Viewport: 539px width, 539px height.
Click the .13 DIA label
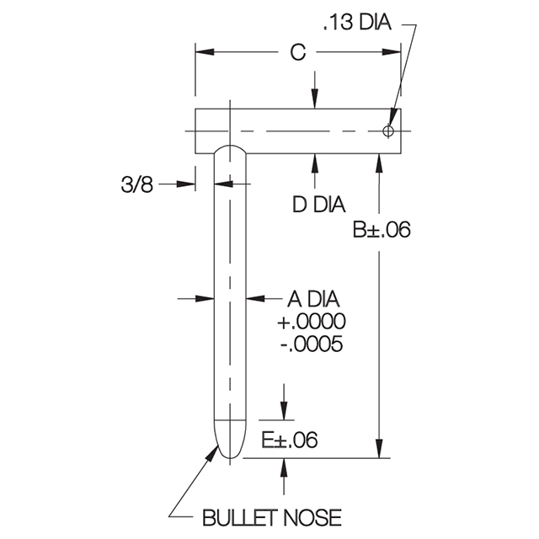point(357,23)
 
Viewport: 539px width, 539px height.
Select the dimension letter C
point(297,52)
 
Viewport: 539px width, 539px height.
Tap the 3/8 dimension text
point(136,184)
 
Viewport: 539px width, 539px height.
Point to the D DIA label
point(318,204)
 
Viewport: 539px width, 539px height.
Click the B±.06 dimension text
point(382,230)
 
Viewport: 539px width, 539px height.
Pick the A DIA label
point(313,299)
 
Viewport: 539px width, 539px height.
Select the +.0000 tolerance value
point(312,322)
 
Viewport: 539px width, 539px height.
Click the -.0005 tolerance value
point(312,344)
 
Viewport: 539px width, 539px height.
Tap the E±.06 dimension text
point(290,440)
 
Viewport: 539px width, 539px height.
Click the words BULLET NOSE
point(272,518)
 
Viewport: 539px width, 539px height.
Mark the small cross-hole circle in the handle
point(388,131)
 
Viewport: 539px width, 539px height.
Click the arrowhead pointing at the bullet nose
point(213,451)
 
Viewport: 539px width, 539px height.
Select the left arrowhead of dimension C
point(205,52)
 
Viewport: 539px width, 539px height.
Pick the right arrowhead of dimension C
point(392,52)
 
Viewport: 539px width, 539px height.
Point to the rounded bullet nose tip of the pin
point(230,457)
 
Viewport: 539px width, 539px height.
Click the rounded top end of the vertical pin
point(230,146)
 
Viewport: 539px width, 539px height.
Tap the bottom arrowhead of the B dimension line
point(379,449)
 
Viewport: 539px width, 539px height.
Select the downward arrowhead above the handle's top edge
point(314,99)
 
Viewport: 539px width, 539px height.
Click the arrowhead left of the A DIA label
point(256,298)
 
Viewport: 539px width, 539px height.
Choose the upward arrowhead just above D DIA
point(314,163)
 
